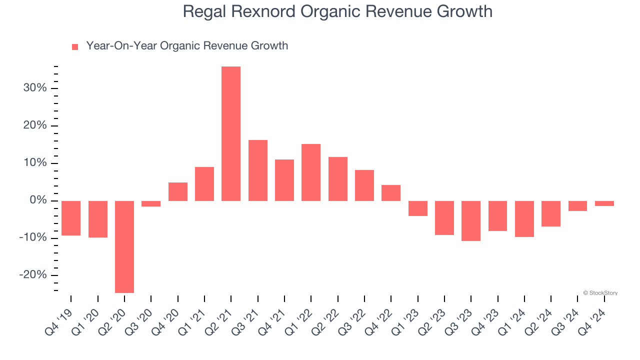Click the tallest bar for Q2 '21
point(231,133)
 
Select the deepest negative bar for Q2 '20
point(124,246)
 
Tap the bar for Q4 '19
point(71,218)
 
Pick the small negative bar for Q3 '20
point(151,203)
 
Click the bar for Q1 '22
point(311,172)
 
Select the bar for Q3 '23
point(471,220)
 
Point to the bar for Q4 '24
point(604,203)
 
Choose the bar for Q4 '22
point(391,193)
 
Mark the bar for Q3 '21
point(258,170)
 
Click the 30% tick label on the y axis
point(34,88)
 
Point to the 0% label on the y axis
point(37,200)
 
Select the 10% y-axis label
point(34,163)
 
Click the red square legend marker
point(75,47)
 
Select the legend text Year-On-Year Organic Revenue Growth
point(187,46)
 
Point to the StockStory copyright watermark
point(600,293)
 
